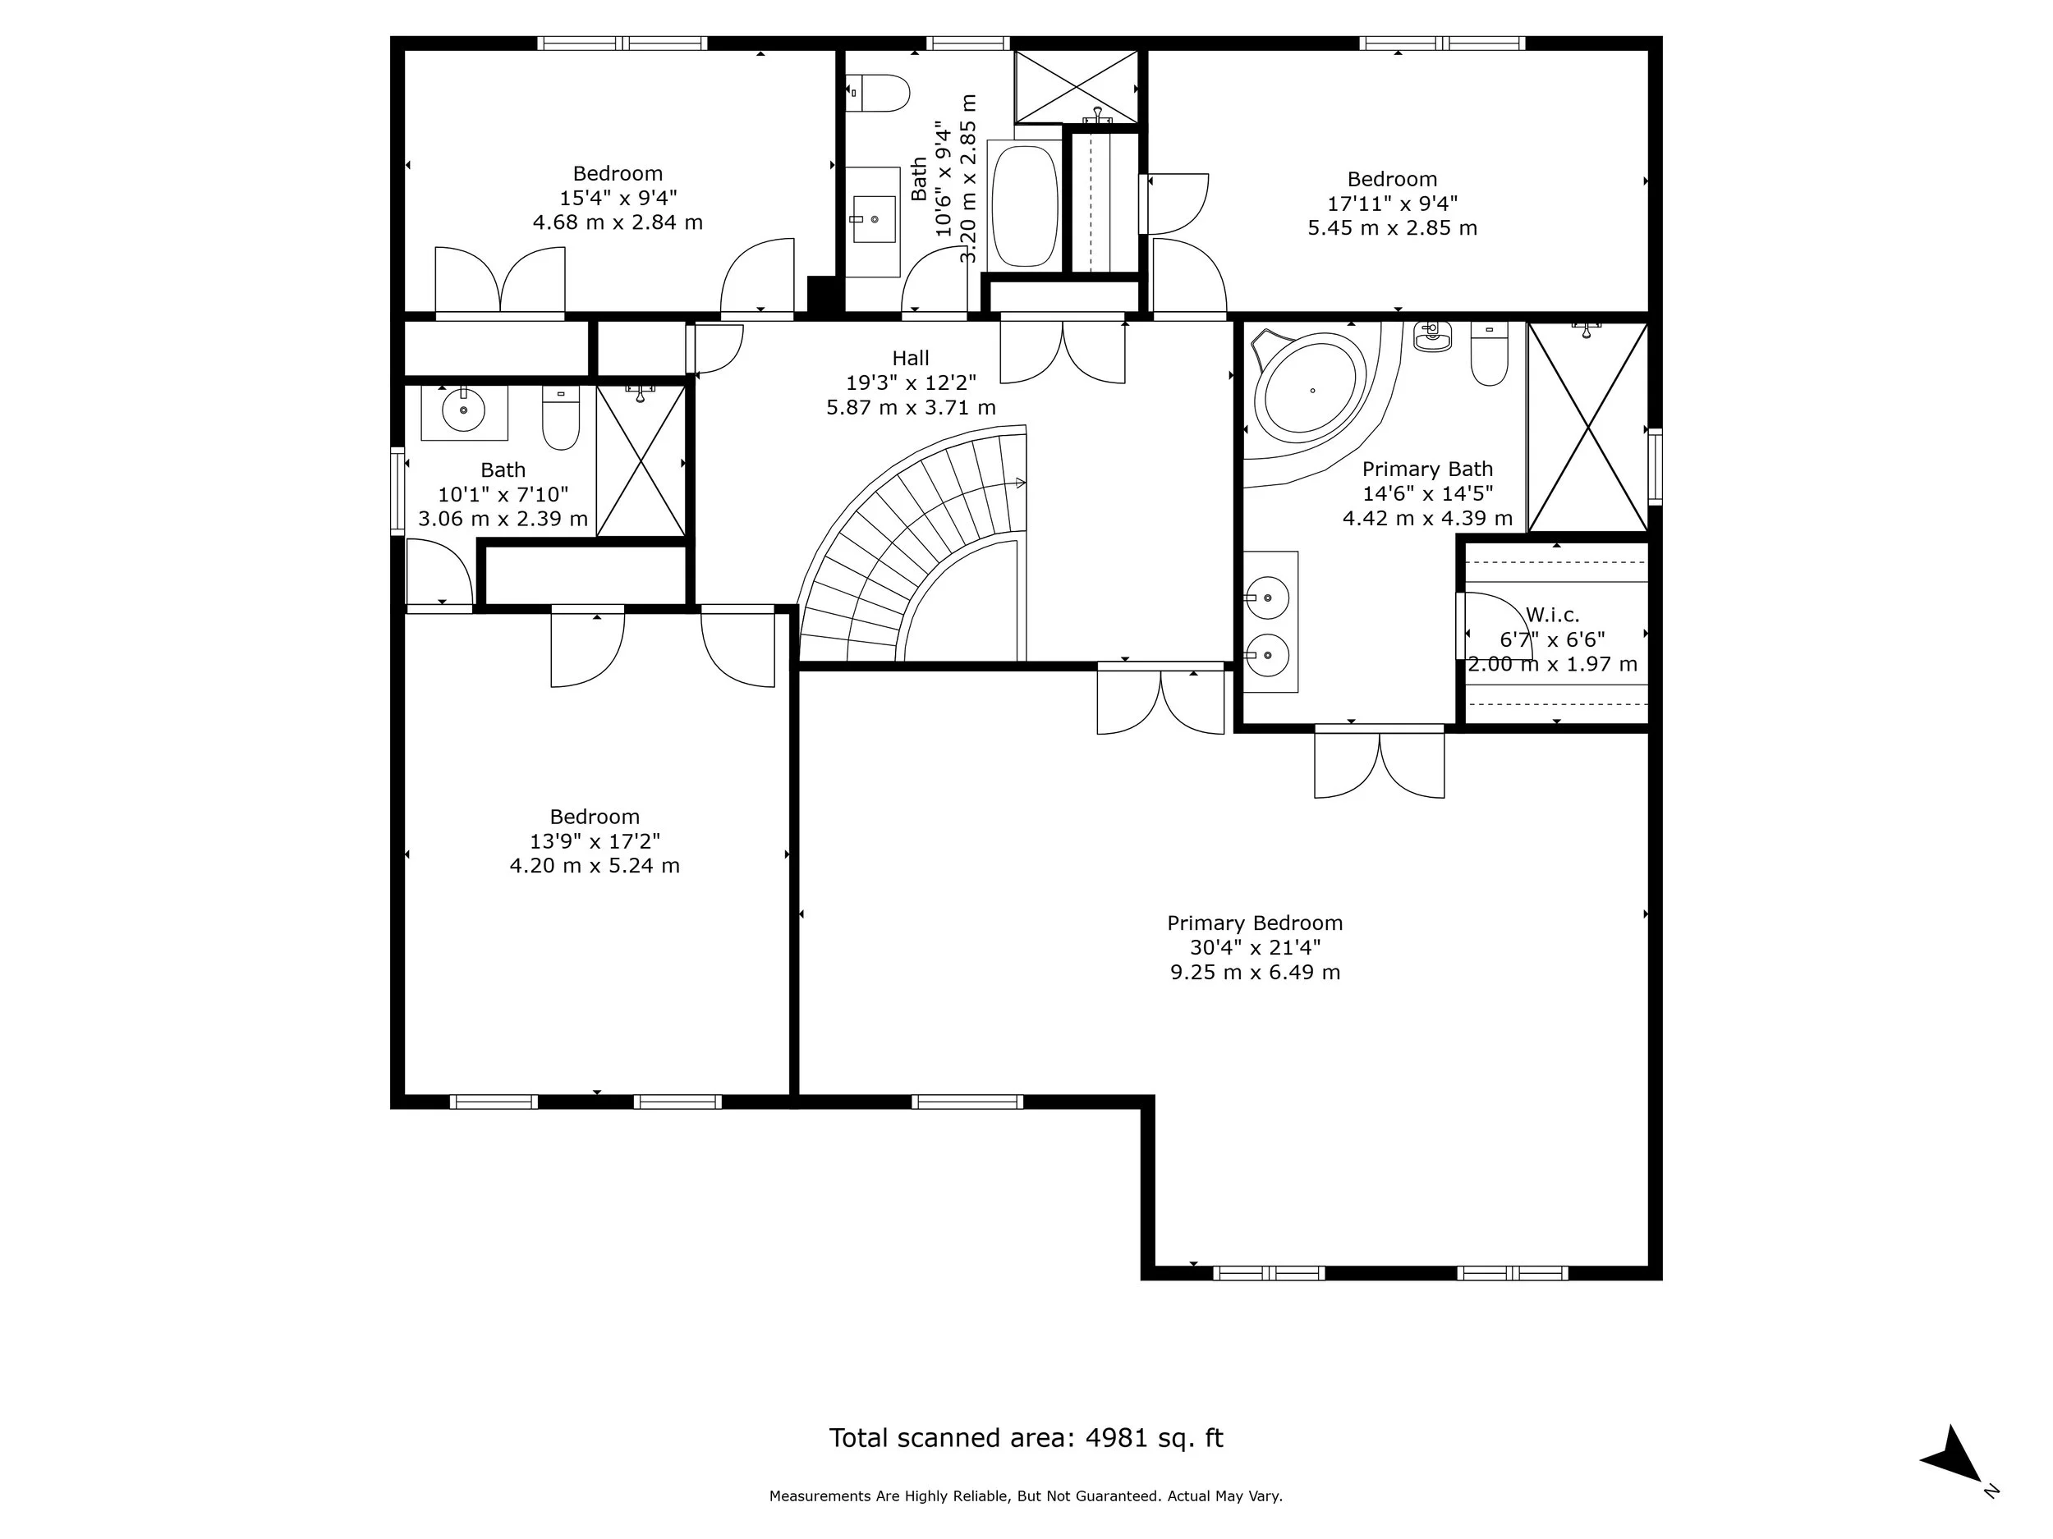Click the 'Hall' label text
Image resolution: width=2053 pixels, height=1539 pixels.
point(911,358)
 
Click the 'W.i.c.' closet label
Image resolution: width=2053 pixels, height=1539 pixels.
point(1552,615)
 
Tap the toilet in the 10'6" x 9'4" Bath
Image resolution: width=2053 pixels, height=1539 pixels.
point(880,93)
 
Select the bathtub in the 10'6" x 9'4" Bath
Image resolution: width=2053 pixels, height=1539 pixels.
point(1025,206)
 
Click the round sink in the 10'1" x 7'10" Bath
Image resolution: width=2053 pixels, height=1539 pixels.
point(462,409)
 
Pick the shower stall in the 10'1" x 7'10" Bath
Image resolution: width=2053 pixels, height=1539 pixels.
point(641,461)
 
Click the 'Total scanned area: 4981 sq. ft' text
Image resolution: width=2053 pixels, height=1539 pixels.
point(1026,1438)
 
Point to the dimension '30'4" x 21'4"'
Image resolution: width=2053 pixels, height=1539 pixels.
point(1255,947)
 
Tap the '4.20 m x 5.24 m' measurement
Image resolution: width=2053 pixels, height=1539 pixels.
point(594,865)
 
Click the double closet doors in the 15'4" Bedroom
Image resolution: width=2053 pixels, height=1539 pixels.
point(500,280)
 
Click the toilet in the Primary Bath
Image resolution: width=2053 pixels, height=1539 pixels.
point(1489,357)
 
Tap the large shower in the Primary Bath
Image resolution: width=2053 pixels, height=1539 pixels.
point(1588,428)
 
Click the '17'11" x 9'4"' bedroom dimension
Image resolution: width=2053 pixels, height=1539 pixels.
point(1392,204)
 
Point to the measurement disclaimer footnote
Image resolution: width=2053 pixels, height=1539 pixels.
point(1026,1496)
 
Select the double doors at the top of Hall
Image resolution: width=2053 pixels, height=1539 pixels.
point(1063,350)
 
